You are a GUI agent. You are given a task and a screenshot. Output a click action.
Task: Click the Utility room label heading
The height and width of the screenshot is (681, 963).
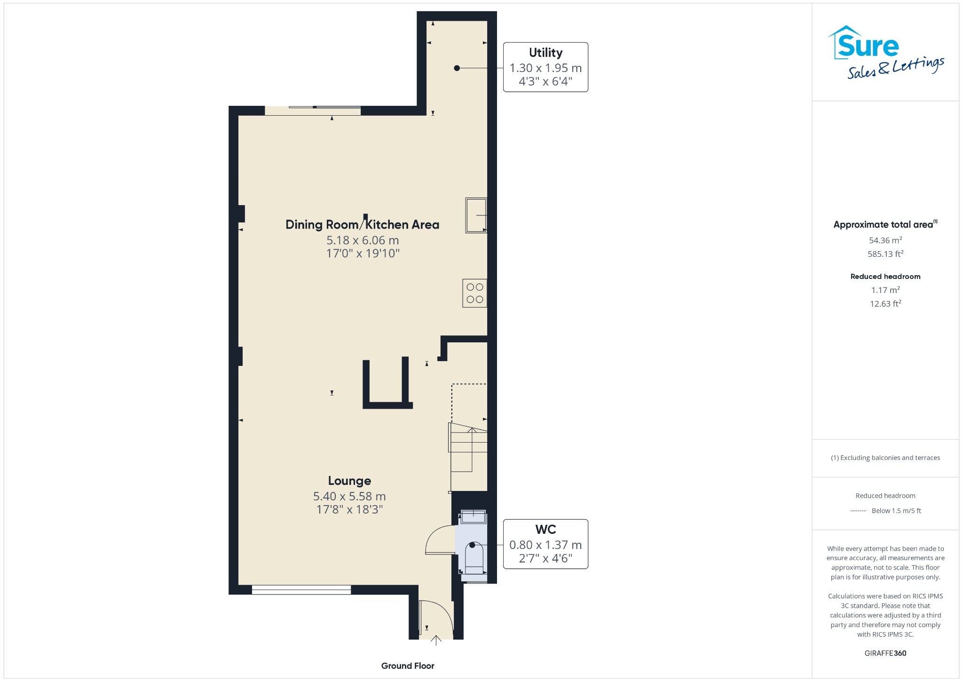[x=545, y=53]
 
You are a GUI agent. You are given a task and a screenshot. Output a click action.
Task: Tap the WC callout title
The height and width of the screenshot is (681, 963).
[x=545, y=530]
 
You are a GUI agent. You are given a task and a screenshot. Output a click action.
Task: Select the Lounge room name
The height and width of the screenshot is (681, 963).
[x=349, y=481]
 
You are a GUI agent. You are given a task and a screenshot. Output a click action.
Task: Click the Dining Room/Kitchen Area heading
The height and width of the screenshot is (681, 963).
[x=363, y=224]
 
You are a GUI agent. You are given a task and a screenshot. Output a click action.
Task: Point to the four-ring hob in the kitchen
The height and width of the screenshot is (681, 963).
[x=474, y=293]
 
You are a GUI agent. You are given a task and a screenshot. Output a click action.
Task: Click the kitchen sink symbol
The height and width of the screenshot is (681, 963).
[x=476, y=215]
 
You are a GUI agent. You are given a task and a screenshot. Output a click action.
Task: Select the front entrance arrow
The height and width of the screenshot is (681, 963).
[x=436, y=641]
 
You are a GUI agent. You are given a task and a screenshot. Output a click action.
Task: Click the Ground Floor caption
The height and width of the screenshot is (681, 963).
[x=408, y=665]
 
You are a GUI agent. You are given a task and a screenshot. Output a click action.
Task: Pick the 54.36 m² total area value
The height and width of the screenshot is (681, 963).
[x=885, y=240]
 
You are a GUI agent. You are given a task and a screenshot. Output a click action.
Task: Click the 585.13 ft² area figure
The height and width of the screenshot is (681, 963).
[x=885, y=254]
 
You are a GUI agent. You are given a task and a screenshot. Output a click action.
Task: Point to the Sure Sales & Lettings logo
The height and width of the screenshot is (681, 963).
[x=886, y=52]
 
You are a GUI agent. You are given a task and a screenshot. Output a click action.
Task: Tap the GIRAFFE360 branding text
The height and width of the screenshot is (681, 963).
[x=885, y=653]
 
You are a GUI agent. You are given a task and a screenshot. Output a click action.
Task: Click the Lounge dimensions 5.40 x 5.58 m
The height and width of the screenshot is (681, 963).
[x=349, y=496]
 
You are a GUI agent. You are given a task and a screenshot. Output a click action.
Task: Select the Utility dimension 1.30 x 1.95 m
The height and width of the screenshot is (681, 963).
[x=545, y=68]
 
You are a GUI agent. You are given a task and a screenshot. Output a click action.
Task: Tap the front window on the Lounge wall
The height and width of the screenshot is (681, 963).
[x=301, y=590]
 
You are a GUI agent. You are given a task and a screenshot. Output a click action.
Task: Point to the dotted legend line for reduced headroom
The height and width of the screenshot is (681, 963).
[x=858, y=511]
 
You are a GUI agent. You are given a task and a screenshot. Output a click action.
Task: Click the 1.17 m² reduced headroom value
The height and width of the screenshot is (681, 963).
[x=885, y=290]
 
